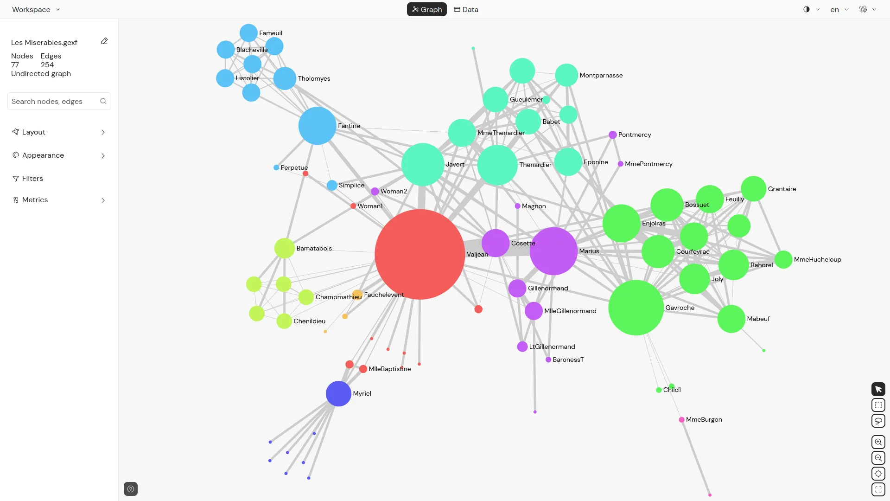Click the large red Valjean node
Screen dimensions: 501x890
420,254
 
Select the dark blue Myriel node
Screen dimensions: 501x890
338,394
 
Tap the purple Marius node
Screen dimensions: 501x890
553,251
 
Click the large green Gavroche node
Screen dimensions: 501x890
636,308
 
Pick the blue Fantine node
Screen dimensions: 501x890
317,126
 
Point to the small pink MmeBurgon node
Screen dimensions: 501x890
681,420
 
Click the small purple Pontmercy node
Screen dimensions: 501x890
612,135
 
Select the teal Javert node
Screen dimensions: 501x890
422,164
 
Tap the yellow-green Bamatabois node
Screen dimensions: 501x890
284,248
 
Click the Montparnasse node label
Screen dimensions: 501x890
601,76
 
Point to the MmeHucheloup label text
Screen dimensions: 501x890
817,260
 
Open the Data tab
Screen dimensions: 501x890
466,9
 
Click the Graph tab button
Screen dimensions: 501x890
426,9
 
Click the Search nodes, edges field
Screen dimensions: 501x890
55,101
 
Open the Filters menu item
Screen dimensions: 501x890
32,179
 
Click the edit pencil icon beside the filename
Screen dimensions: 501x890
104,41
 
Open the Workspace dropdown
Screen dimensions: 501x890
36,9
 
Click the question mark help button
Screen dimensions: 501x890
131,489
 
